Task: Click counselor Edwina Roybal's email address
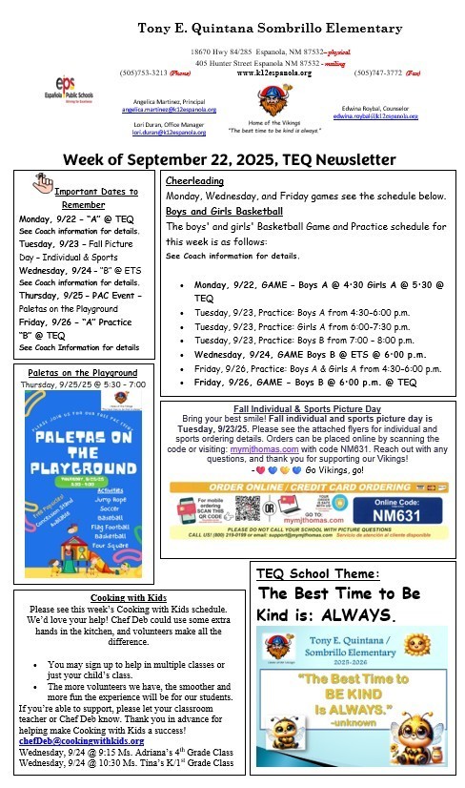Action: (375, 115)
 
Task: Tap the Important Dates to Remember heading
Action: (83, 195)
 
